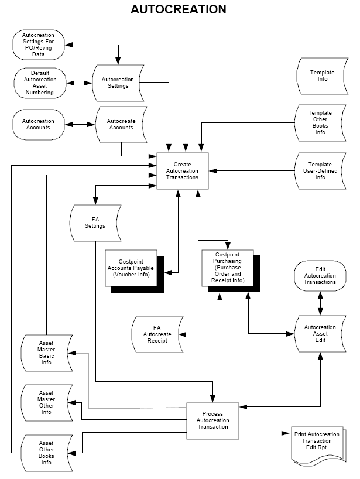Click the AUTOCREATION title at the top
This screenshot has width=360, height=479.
(x=178, y=9)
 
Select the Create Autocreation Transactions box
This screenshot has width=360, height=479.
(x=182, y=171)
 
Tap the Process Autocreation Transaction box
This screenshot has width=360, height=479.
(x=212, y=420)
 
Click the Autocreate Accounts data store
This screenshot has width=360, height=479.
(x=120, y=124)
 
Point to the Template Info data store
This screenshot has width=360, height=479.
(x=323, y=76)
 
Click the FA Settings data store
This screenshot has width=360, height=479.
(x=95, y=223)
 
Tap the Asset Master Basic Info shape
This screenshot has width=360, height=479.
(x=46, y=353)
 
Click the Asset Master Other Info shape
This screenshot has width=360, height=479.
(x=46, y=402)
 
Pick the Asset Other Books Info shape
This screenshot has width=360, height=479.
(x=46, y=453)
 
